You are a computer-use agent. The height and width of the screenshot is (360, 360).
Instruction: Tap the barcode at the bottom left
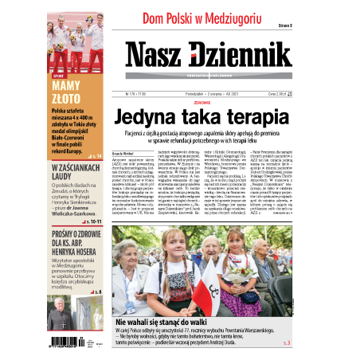69,342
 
